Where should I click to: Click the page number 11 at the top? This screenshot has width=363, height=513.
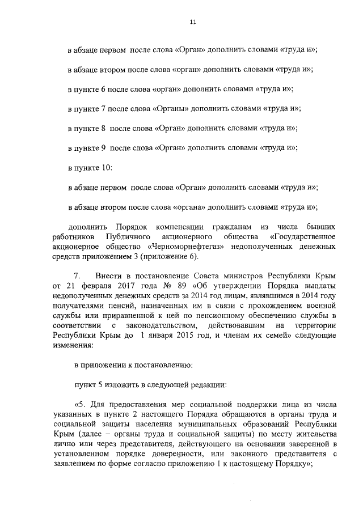pos(193,22)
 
